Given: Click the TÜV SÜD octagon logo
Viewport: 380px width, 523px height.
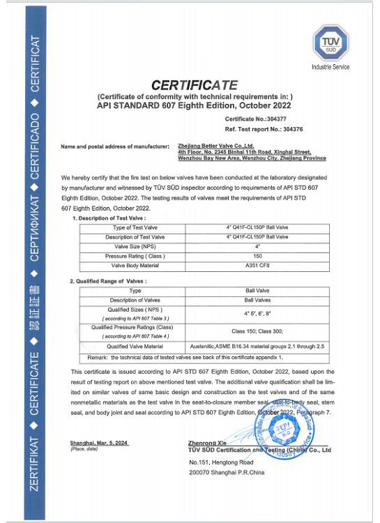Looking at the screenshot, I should click(x=330, y=41).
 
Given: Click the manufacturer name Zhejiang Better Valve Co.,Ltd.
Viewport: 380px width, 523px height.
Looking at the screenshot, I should click(x=210, y=146).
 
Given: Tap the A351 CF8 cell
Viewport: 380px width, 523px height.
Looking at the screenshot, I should click(x=258, y=265).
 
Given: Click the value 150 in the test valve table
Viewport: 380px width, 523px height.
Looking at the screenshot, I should click(x=258, y=256).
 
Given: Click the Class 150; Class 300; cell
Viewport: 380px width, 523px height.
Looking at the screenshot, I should click(x=258, y=331).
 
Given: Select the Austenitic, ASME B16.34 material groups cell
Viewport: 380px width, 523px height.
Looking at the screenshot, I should click(x=258, y=345).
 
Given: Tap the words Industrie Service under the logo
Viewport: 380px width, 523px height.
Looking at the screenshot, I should click(x=330, y=67).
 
